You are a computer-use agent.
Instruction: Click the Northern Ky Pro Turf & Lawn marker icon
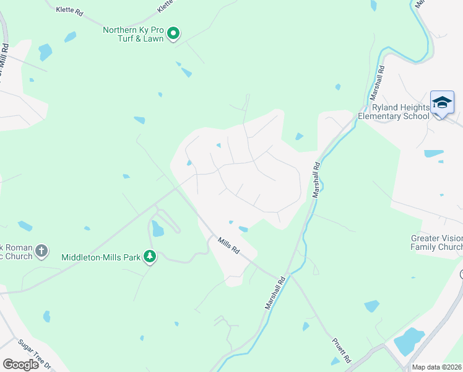[174, 33]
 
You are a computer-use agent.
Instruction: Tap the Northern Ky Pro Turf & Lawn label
[133, 33]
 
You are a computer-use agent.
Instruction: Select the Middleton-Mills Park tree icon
[149, 256]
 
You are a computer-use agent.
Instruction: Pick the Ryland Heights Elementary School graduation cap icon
[442, 103]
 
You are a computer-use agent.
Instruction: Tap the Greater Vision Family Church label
[437, 242]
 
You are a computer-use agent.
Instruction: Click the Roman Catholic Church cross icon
[41, 250]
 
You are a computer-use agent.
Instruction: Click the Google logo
[20, 365]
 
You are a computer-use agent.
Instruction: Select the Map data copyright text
[437, 367]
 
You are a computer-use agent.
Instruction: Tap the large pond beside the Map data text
[409, 341]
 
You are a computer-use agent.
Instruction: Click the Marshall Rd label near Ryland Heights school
[378, 83]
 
